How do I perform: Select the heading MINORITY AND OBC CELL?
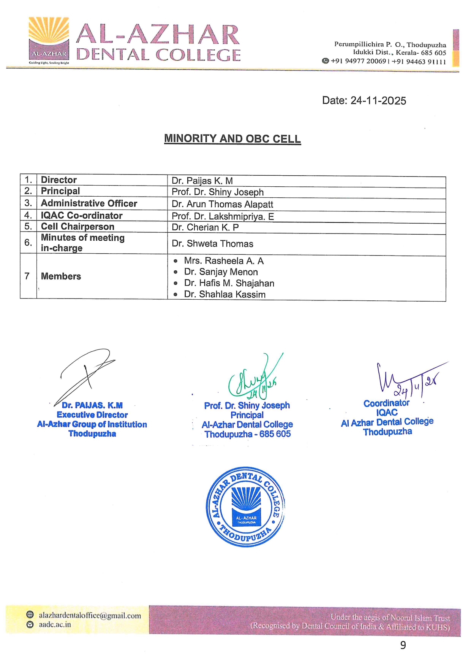point(232,139)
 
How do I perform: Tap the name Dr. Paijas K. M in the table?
point(202,181)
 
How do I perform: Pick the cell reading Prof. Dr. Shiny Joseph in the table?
point(217,192)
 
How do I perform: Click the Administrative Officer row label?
point(89,203)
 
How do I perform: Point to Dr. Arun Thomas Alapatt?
point(222,205)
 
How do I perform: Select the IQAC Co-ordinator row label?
point(82,216)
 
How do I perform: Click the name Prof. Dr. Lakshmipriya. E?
point(223,217)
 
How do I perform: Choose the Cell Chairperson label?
point(77,227)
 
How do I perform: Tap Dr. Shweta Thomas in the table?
point(212,244)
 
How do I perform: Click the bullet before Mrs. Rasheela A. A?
point(175,261)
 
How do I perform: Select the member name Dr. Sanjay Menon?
point(221,272)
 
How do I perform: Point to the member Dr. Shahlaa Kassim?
point(224,294)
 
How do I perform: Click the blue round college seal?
point(245,507)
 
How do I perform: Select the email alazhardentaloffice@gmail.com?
point(90,616)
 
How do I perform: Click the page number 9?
point(403,645)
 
